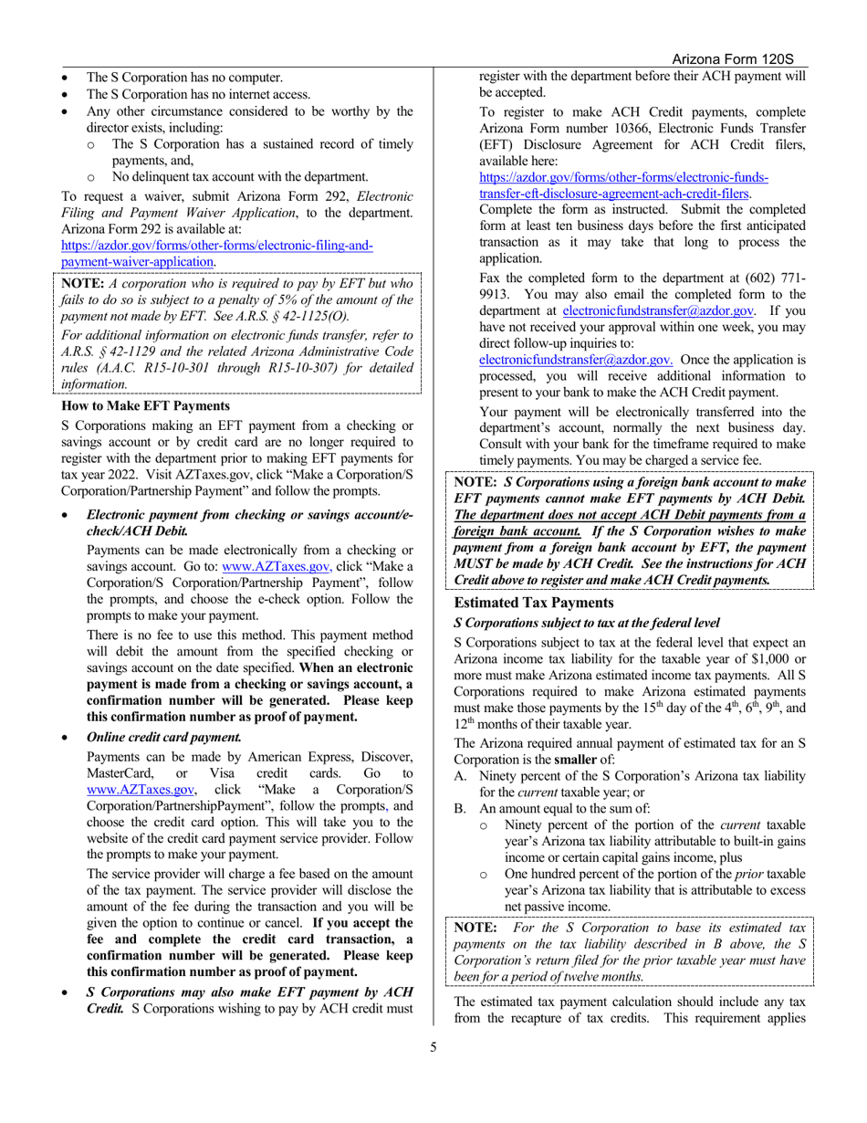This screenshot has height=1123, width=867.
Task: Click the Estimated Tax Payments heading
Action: click(x=528, y=603)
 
